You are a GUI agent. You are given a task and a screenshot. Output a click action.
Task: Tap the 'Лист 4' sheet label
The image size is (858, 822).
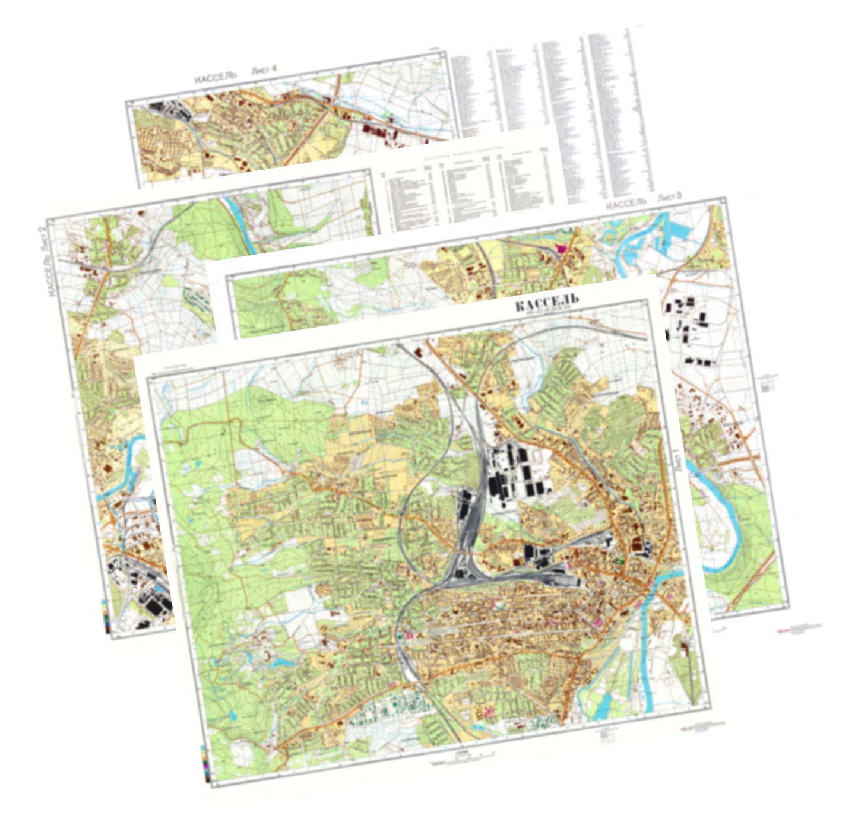(x=264, y=70)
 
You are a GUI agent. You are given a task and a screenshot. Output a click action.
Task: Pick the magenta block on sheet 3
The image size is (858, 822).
(x=561, y=247)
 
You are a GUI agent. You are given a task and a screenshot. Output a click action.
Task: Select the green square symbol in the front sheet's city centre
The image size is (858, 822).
(x=620, y=559)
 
